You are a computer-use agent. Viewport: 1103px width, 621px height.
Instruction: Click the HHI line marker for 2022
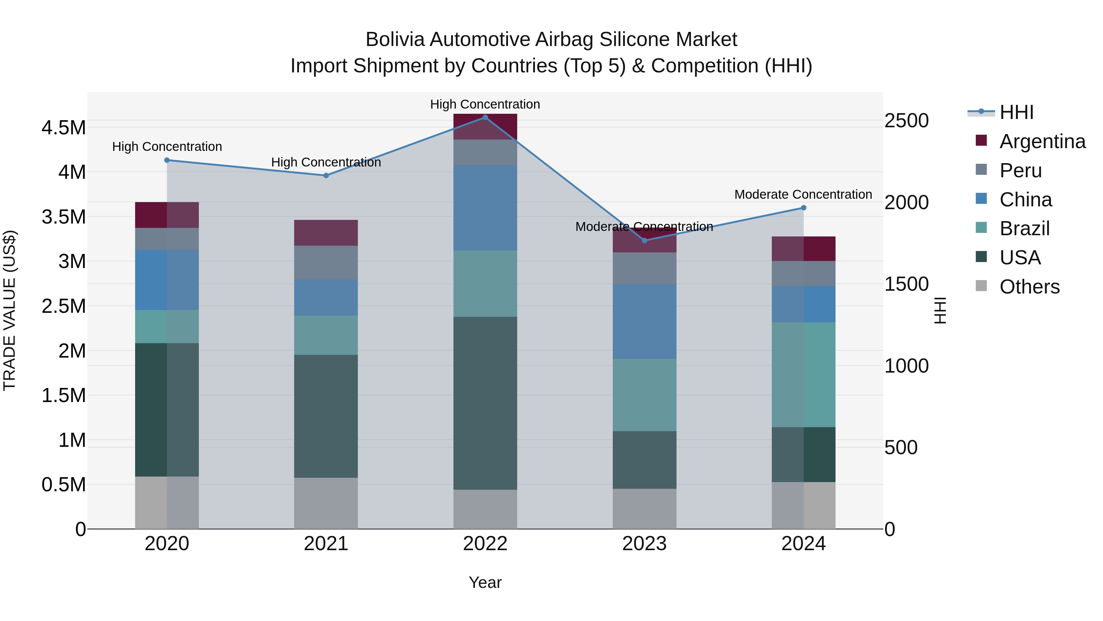(485, 117)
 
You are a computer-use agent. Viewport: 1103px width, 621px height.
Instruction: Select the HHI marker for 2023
(644, 240)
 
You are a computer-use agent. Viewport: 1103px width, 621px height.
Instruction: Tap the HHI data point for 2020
(167, 160)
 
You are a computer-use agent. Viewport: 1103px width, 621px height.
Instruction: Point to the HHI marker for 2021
(326, 175)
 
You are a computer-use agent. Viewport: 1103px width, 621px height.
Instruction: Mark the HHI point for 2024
(804, 208)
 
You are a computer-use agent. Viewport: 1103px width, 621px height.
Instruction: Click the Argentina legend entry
(1042, 141)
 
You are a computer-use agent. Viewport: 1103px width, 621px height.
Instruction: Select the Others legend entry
(1029, 287)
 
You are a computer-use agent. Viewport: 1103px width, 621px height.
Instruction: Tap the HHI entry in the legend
(1017, 112)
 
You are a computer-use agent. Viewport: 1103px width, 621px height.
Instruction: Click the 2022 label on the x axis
(485, 544)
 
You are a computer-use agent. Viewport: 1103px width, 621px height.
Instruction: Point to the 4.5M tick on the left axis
(63, 128)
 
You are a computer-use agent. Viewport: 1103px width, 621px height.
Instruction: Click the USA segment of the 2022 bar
(485, 403)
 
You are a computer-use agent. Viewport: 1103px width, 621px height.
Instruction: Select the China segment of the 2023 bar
(644, 321)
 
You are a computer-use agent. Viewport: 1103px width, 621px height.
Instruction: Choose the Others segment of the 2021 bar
(326, 503)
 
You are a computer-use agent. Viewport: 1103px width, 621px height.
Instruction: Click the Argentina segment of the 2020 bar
(167, 215)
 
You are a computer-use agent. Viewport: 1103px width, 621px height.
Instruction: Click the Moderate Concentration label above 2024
(803, 194)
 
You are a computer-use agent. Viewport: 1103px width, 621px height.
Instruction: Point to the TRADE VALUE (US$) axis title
(9, 310)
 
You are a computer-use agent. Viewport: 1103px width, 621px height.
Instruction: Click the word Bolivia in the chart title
(395, 40)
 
